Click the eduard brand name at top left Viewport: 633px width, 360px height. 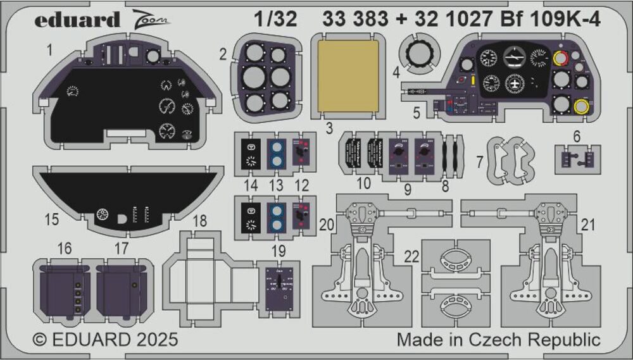pyautogui.click(x=77, y=20)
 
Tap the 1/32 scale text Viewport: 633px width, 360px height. pyautogui.click(x=277, y=20)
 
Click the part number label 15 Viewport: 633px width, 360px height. pyautogui.click(x=52, y=220)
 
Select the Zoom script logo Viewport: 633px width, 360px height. pyautogui.click(x=152, y=20)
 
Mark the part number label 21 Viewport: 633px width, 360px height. pyautogui.click(x=589, y=224)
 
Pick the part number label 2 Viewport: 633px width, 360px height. pyautogui.click(x=223, y=55)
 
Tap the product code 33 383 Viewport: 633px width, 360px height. pyautogui.click(x=355, y=20)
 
